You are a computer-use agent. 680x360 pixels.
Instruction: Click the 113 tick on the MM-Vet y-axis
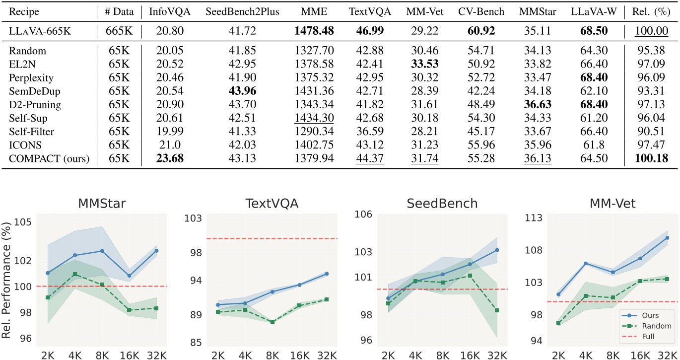(523, 218)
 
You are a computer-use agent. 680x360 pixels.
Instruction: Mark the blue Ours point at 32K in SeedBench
(496, 250)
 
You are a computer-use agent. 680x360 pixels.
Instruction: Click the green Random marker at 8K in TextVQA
(272, 322)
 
